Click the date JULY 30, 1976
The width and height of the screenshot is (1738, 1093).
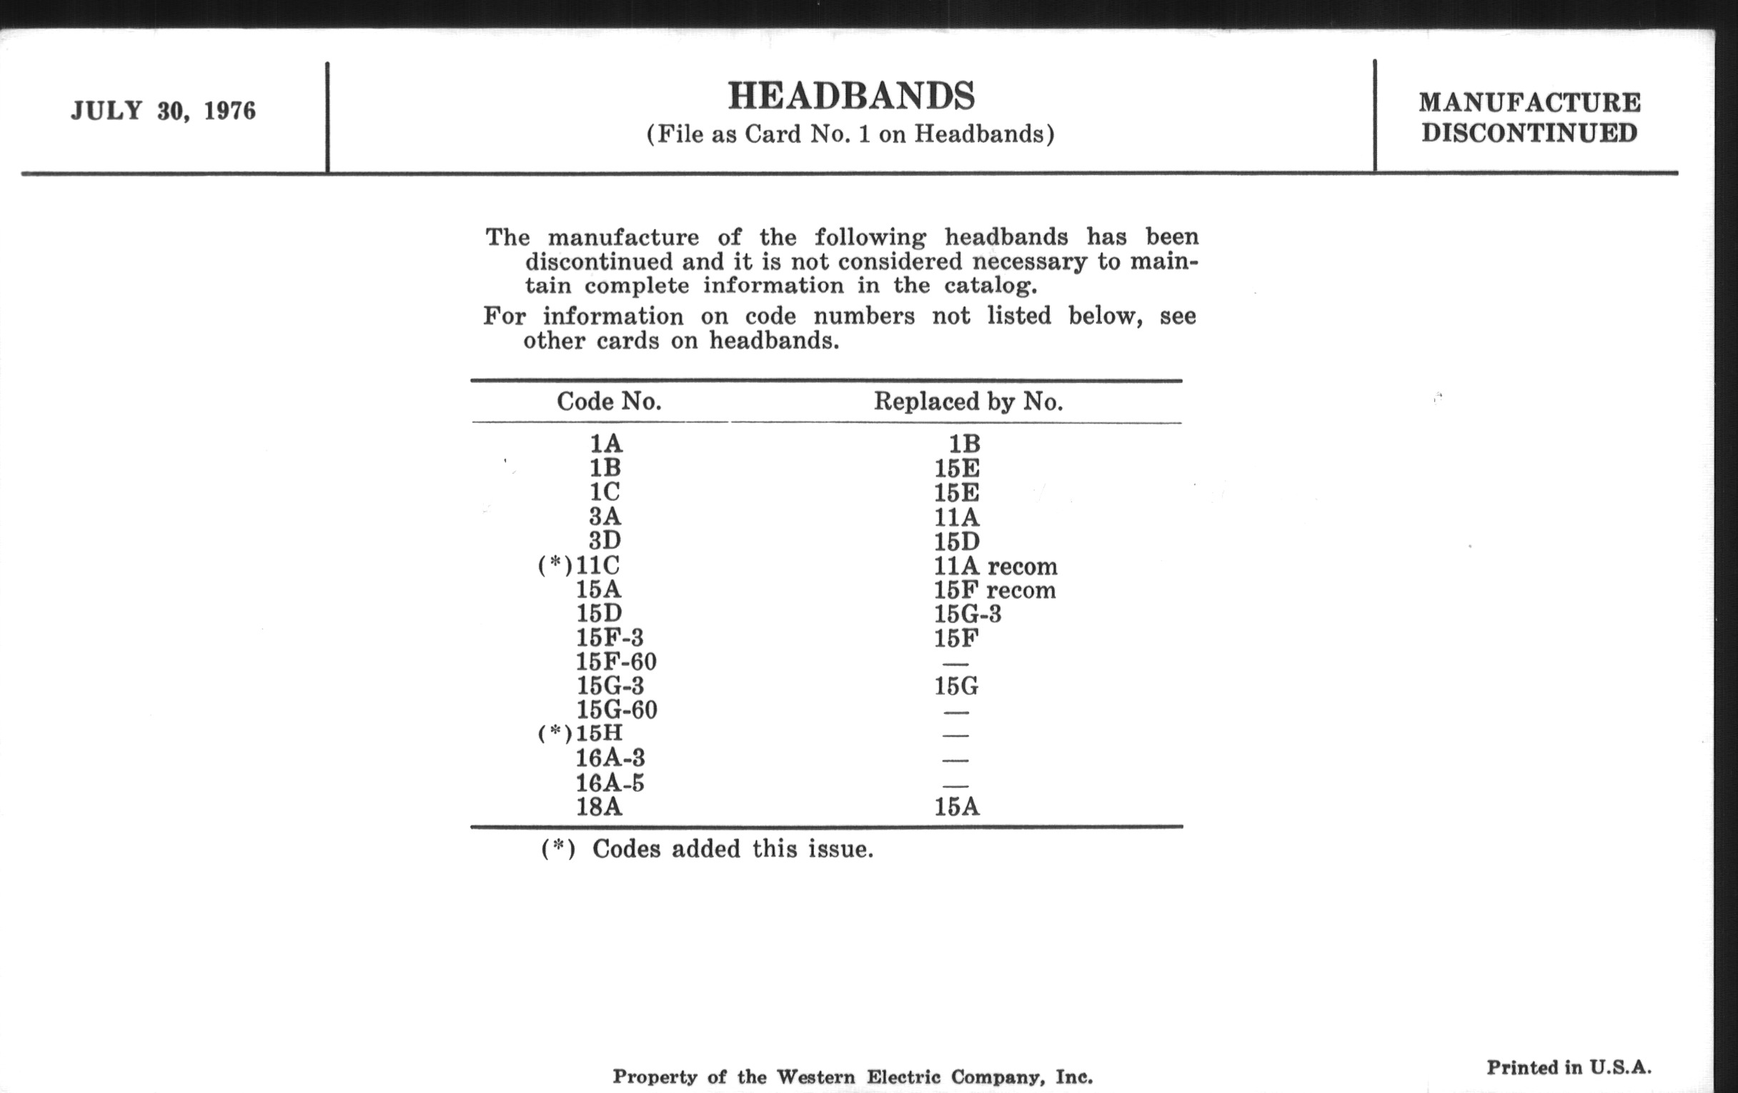pos(163,111)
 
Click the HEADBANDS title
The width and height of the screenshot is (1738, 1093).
pos(851,96)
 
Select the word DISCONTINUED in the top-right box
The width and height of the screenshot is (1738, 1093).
pos(1529,134)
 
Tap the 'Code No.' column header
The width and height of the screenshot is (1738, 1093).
pos(608,401)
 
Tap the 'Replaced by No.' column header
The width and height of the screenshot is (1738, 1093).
pos(968,401)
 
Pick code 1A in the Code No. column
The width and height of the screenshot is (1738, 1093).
pos(605,444)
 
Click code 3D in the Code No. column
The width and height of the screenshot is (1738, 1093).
pos(605,540)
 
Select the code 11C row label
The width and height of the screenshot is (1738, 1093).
pos(597,565)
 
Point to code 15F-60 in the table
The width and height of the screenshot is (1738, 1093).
pos(616,662)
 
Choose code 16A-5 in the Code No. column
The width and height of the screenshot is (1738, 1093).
pos(609,783)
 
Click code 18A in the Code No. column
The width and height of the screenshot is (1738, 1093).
pos(598,807)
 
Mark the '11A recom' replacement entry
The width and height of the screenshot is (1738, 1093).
pos(995,566)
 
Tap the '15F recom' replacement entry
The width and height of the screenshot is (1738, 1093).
pos(995,590)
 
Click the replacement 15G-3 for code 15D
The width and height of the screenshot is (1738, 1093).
pos(967,614)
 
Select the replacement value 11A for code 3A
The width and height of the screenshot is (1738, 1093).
pos(956,517)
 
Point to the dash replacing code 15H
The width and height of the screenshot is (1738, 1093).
pos(955,735)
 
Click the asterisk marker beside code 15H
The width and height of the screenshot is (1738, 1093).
pos(555,733)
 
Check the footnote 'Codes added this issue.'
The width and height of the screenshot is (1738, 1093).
pos(733,849)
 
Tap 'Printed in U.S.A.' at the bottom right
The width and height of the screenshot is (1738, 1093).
pos(1569,1067)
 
